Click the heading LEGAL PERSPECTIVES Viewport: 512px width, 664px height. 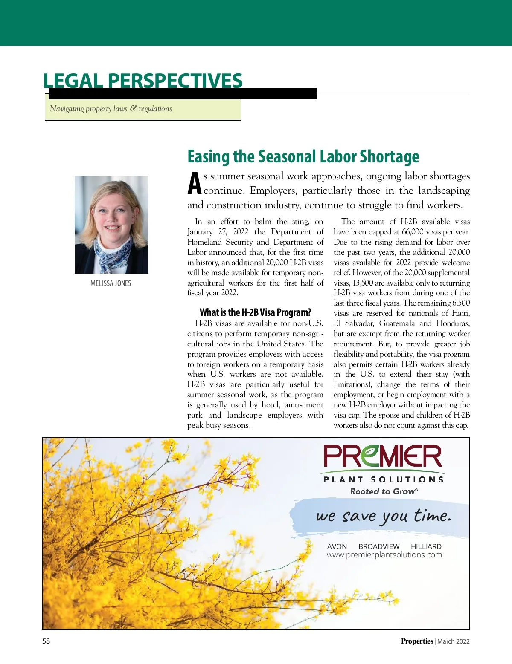[143, 81]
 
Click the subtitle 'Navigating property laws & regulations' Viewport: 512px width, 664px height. [111, 109]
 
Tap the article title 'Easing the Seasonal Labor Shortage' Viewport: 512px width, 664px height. [303, 157]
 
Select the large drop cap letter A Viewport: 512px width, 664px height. [195, 184]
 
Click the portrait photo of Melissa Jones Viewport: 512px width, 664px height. [111, 225]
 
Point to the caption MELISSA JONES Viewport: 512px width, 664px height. [111, 283]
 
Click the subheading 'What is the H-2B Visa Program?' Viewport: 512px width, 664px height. [255, 312]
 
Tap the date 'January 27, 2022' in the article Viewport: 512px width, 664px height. [218, 232]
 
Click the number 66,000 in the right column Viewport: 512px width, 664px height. [413, 232]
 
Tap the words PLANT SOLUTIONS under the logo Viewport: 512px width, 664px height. [383, 479]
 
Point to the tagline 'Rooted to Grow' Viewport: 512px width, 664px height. [383, 491]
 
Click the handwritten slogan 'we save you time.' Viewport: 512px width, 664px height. [383, 516]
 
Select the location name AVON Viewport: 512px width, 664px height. [337, 546]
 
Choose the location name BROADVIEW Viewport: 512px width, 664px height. [379, 546]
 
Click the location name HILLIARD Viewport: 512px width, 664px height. [426, 546]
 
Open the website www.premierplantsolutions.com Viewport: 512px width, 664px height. [384, 555]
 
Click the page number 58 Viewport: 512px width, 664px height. [46, 641]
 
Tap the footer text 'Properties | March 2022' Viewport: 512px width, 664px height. [435, 641]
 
